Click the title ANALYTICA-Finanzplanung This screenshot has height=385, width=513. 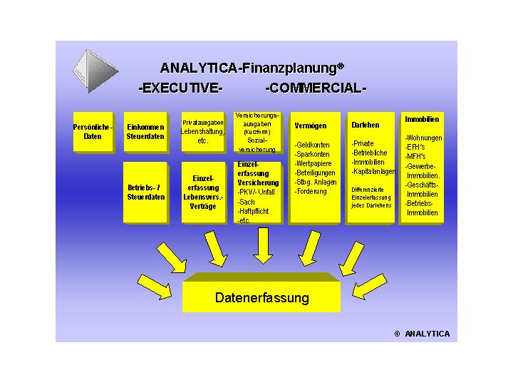pyautogui.click(x=252, y=68)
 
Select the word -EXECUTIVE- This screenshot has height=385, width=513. pyautogui.click(x=180, y=89)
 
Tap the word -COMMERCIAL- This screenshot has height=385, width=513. pyautogui.click(x=315, y=89)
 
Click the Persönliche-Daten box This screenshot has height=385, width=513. pyautogui.click(x=93, y=131)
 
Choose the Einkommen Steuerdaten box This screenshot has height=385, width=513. pyautogui.click(x=145, y=131)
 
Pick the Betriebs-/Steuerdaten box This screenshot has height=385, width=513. pyautogui.click(x=145, y=192)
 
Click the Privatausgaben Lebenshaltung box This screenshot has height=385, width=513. pyautogui.click(x=203, y=131)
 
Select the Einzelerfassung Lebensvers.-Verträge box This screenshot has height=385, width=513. pyautogui.click(x=203, y=192)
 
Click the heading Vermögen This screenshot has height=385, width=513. pyautogui.click(x=311, y=125)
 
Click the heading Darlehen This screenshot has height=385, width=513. pyautogui.click(x=366, y=125)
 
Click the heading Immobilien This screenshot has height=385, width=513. pyautogui.click(x=422, y=119)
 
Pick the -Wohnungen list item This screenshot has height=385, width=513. pyautogui.click(x=423, y=138)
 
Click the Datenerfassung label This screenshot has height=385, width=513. pyautogui.click(x=261, y=297)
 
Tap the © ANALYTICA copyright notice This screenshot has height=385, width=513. pyautogui.click(x=422, y=333)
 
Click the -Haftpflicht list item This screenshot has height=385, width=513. pyautogui.click(x=254, y=211)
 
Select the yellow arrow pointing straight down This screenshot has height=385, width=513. pyautogui.click(x=261, y=246)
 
